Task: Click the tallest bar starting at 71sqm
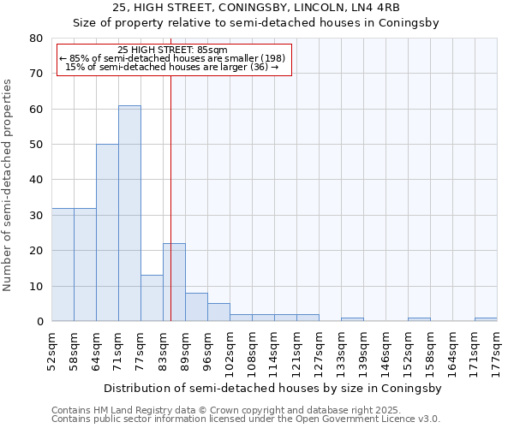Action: click(x=129, y=213)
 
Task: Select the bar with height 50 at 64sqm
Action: click(x=107, y=233)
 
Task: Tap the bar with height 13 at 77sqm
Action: click(x=152, y=298)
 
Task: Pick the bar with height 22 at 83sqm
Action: click(x=174, y=282)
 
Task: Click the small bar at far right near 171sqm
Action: click(x=486, y=319)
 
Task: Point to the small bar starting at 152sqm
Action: click(x=419, y=319)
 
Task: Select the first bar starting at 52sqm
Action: click(x=63, y=265)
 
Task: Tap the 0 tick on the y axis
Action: click(x=39, y=322)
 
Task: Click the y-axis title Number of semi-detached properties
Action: click(x=9, y=185)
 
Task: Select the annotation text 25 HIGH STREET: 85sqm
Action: click(x=172, y=51)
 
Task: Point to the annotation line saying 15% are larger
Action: click(x=171, y=67)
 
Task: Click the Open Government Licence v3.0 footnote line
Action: click(x=246, y=419)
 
